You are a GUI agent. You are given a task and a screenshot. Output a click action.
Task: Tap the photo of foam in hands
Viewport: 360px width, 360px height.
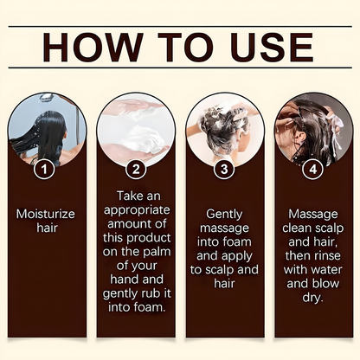(135, 130)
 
